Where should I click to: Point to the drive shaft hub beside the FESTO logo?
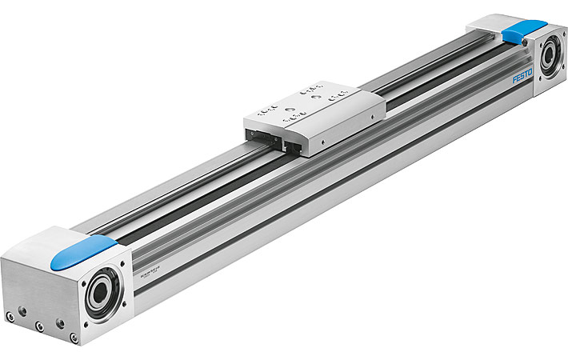click(550, 60)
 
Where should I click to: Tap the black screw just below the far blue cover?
click(524, 48)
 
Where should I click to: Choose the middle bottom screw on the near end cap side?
click(38, 326)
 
